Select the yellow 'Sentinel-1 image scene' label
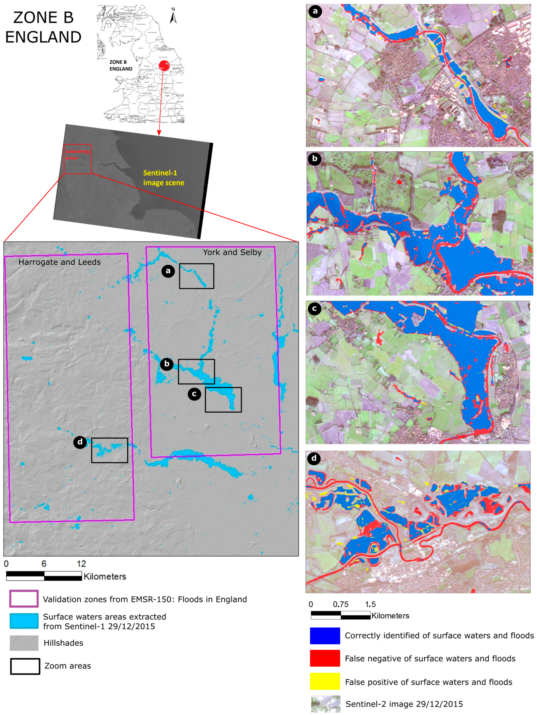(164, 178)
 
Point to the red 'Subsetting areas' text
(77, 155)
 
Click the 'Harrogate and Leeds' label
(60, 262)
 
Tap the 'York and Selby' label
(232, 252)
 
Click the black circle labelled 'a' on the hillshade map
(168, 271)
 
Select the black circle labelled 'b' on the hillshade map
(167, 364)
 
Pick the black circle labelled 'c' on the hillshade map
(195, 394)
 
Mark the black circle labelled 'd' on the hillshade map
(80, 442)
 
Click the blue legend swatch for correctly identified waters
(325, 635)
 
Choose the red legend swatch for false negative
(325, 658)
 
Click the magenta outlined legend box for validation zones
(24, 599)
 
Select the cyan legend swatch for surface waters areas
(24, 621)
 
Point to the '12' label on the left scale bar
(81, 564)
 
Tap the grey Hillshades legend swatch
(24, 643)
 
